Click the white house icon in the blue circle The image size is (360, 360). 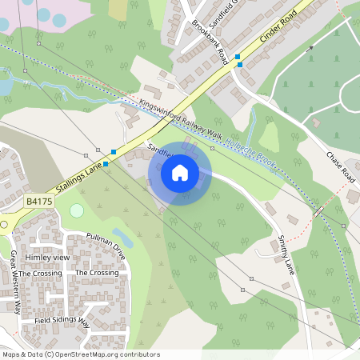(180, 172)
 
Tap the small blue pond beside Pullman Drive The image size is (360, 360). (122, 236)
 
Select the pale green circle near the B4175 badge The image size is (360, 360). (77, 210)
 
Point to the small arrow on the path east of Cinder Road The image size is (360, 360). (310, 48)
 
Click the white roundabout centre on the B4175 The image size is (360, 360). (2, 225)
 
